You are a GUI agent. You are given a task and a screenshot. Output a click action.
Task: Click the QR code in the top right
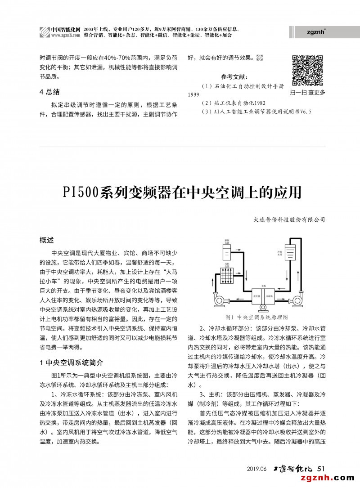click(x=308, y=70)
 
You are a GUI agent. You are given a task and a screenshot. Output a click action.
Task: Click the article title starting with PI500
click(x=180, y=192)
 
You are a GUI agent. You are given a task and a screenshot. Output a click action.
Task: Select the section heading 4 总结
click(x=50, y=92)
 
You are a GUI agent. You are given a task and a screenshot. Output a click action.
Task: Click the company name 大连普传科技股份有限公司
click(x=289, y=220)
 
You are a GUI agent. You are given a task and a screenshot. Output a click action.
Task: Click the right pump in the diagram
click(x=297, y=300)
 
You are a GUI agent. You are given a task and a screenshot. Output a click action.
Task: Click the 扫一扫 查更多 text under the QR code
click(x=308, y=93)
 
